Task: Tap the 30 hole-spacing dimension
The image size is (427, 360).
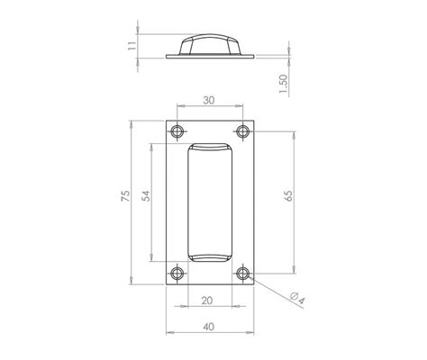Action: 209,101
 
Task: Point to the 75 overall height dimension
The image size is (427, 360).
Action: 127,196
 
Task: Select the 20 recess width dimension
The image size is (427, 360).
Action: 209,301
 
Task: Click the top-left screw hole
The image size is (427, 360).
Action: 177,131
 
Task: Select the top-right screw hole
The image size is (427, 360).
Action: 242,131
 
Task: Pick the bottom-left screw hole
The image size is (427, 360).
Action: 177,271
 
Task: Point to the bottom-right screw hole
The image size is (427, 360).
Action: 242,271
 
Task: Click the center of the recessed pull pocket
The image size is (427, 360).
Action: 210,202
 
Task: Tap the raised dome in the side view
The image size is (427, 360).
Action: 210,45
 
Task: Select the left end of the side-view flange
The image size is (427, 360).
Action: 168,57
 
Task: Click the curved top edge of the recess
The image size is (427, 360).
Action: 210,144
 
